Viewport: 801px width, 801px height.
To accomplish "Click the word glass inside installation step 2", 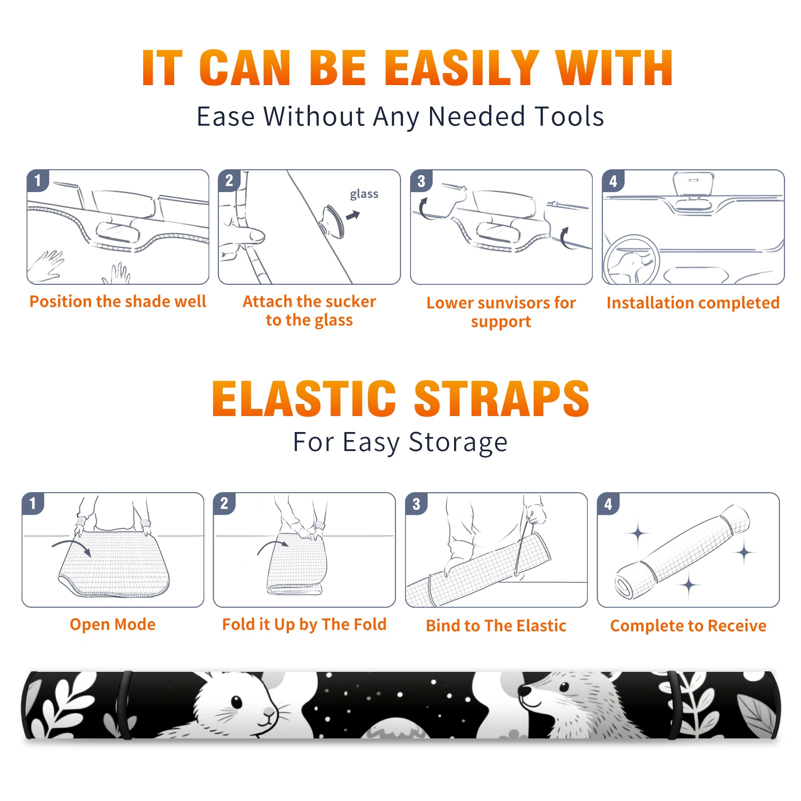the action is [364, 194].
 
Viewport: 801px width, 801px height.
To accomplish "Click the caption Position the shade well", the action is [118, 301].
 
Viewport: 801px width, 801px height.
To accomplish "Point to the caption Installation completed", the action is [693, 303].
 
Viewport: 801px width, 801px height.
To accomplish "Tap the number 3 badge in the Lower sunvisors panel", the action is [421, 181].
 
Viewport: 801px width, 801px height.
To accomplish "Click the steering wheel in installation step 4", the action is [631, 261].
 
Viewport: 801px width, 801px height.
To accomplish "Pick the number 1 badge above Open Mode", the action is [33, 504].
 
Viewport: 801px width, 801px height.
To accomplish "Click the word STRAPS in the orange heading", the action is [502, 398].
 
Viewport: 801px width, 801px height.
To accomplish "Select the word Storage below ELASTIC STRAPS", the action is [458, 443].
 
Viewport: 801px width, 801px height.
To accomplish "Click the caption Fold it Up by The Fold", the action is [304, 624].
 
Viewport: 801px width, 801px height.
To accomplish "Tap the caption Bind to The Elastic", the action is [496, 626].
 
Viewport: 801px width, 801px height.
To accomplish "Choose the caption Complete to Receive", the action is [688, 626].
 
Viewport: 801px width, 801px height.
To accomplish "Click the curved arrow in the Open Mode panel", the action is [72, 547].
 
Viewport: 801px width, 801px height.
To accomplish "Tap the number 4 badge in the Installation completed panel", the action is [613, 181].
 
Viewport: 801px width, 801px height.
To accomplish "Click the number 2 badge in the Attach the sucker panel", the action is [229, 181].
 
